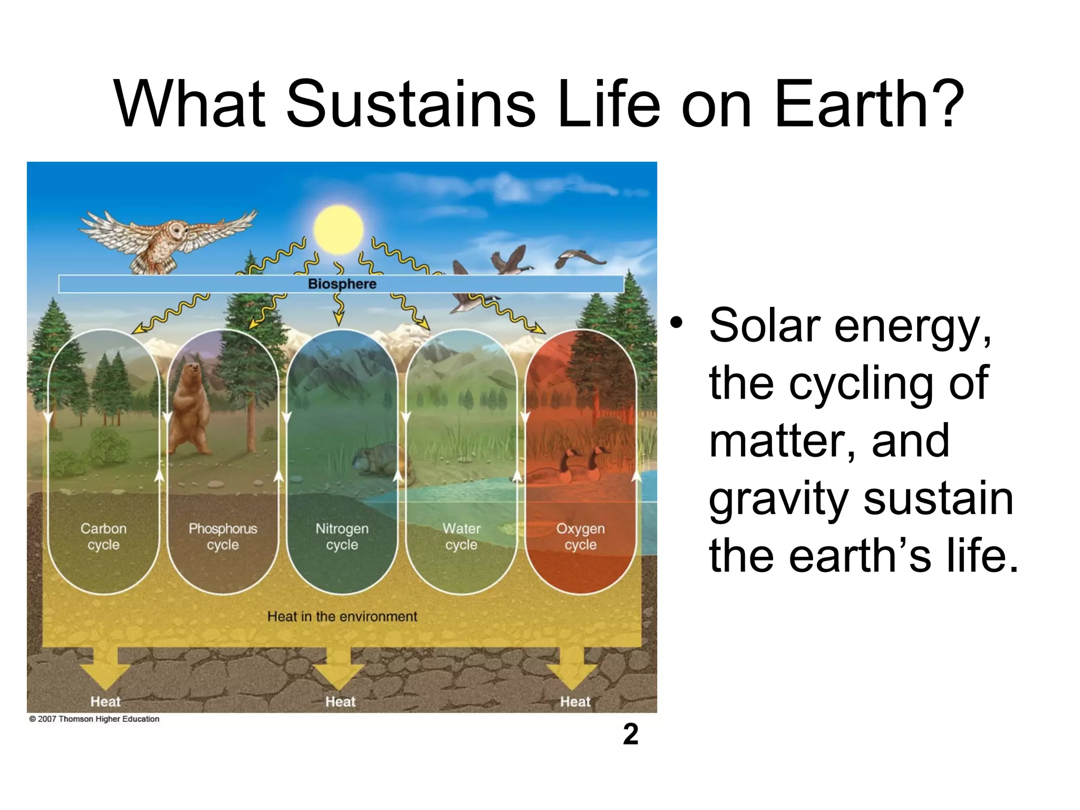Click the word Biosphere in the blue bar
[342, 284]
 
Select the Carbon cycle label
[103, 536]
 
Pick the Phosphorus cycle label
[223, 536]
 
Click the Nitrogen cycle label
[342, 536]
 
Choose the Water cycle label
[461, 536]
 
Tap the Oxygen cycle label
[581, 536]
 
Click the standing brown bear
[188, 409]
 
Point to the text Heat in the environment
[342, 616]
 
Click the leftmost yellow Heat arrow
[105, 668]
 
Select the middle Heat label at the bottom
[340, 701]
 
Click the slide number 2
[630, 735]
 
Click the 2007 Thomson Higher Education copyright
[94, 719]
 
